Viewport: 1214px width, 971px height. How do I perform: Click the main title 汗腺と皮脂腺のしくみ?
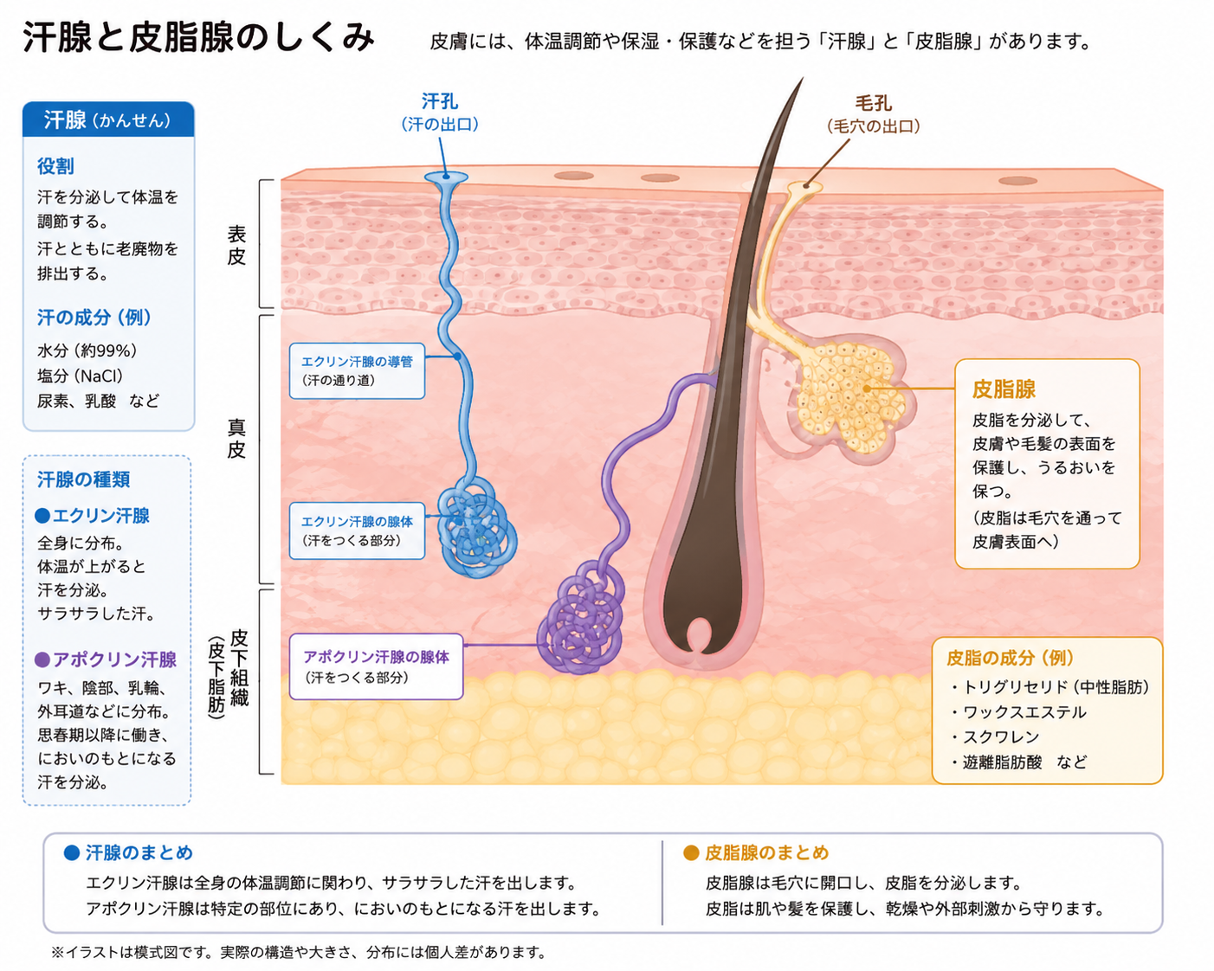click(x=198, y=38)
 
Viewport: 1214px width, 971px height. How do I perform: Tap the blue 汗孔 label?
click(x=440, y=101)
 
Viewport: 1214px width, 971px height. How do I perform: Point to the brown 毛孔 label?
click(x=874, y=103)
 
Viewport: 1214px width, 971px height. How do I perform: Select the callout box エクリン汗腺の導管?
click(x=357, y=371)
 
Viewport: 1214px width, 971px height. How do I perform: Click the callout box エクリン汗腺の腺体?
click(x=357, y=531)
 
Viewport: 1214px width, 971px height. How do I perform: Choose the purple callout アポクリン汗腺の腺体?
click(x=377, y=666)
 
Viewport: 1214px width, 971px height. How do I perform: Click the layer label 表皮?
click(x=236, y=245)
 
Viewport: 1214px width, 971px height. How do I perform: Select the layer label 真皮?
click(x=236, y=439)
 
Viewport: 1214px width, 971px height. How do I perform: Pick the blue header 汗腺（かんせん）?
click(x=107, y=119)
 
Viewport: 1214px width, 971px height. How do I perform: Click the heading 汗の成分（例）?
click(x=94, y=318)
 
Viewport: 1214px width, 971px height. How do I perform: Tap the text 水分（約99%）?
click(x=87, y=350)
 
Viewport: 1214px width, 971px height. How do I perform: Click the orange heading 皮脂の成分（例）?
click(x=1010, y=658)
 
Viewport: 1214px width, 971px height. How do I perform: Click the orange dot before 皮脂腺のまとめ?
click(x=691, y=852)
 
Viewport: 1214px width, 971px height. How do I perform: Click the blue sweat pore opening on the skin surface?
click(x=446, y=177)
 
